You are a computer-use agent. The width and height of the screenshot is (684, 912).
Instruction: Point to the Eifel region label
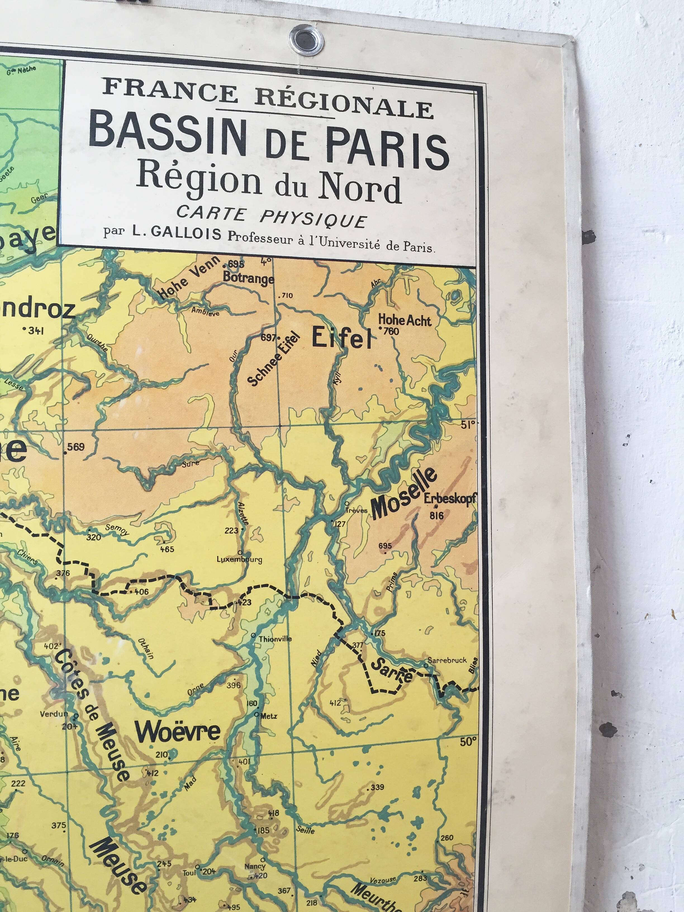[341, 338]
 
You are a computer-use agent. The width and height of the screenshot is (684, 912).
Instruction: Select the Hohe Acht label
[405, 320]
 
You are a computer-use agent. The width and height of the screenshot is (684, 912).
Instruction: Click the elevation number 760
[391, 331]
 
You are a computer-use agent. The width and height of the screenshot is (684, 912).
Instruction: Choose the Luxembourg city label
[239, 559]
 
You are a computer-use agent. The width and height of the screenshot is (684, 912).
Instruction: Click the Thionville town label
[275, 639]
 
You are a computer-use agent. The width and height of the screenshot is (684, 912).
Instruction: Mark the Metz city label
[269, 716]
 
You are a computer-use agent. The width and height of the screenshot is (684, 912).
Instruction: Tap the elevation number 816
[436, 515]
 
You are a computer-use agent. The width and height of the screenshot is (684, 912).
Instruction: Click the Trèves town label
[356, 510]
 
